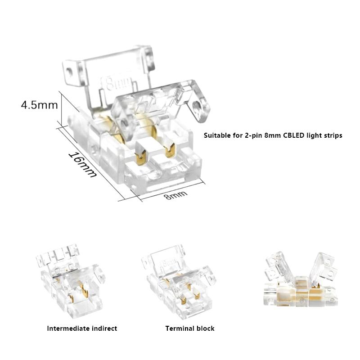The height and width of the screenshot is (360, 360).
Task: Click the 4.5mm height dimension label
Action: [39, 105]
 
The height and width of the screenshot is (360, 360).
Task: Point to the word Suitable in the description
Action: [217, 135]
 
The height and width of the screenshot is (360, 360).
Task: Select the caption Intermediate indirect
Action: [82, 328]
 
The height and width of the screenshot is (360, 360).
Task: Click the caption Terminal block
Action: [190, 328]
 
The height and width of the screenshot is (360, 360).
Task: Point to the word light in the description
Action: [315, 135]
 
